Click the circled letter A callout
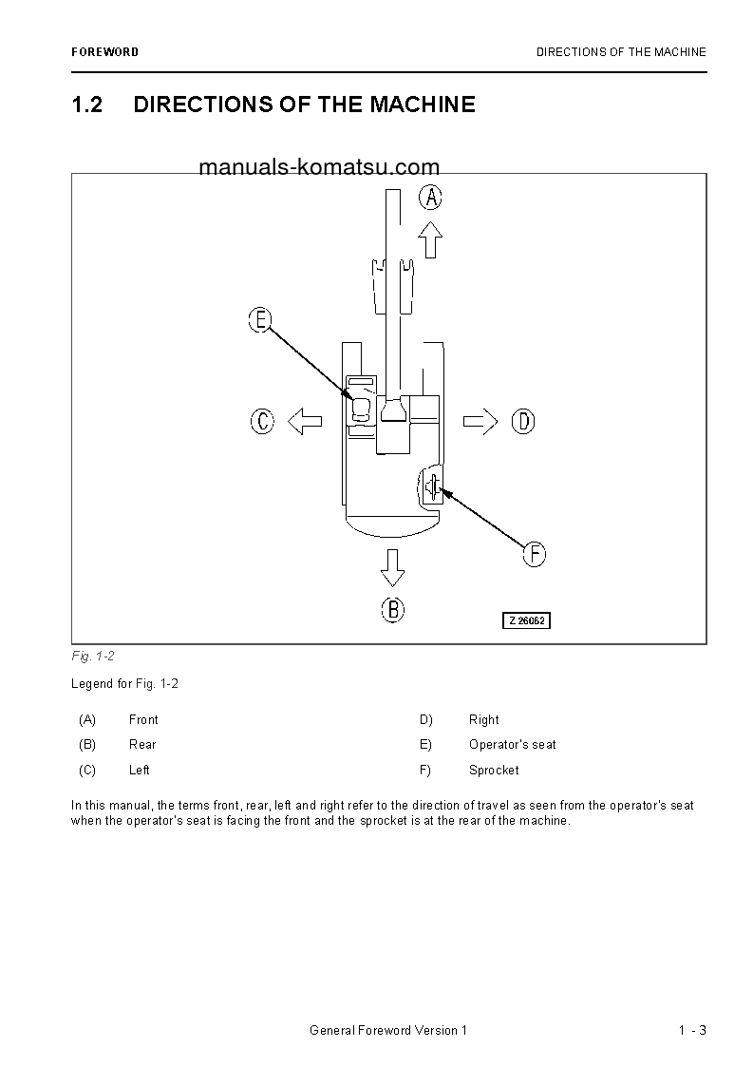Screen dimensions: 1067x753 pyautogui.click(x=431, y=197)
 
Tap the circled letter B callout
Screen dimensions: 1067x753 pyautogui.click(x=393, y=609)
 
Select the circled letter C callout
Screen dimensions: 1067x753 pyautogui.click(x=263, y=420)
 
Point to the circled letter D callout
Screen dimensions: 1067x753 pyautogui.click(x=524, y=420)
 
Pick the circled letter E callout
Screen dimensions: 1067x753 pyautogui.click(x=260, y=320)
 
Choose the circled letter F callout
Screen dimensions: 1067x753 pyautogui.click(x=535, y=554)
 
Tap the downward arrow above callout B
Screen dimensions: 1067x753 pyautogui.click(x=392, y=566)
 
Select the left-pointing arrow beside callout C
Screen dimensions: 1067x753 pyautogui.click(x=305, y=420)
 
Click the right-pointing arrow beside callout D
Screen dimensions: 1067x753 pyautogui.click(x=480, y=420)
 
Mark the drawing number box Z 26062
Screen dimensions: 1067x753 pyautogui.click(x=527, y=620)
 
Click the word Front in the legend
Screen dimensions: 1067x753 pyautogui.click(x=143, y=720)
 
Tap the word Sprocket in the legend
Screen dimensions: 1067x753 pyautogui.click(x=494, y=771)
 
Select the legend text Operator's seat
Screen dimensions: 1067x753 pyautogui.click(x=512, y=745)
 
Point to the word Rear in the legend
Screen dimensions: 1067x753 pyautogui.click(x=142, y=745)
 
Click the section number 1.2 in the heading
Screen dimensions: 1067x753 pyautogui.click(x=86, y=105)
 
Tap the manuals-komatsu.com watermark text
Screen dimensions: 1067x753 pyautogui.click(x=319, y=168)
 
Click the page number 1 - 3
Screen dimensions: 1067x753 pyautogui.click(x=692, y=1031)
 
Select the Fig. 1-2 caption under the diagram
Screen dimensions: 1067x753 pyautogui.click(x=93, y=657)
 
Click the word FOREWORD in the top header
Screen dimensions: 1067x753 pyautogui.click(x=104, y=52)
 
